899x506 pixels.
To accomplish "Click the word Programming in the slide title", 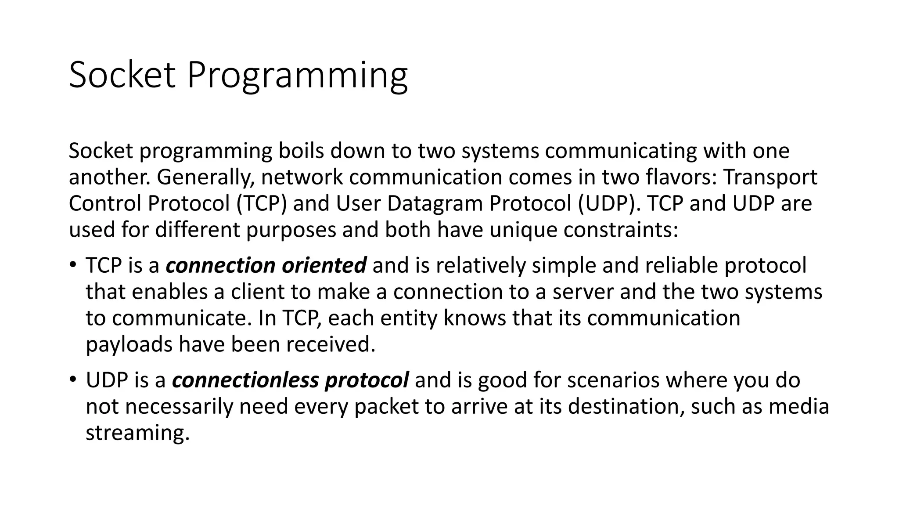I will (297, 76).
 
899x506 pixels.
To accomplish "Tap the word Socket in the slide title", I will (122, 76).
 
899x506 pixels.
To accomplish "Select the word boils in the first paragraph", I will (301, 151).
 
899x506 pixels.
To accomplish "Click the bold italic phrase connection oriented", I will (266, 266).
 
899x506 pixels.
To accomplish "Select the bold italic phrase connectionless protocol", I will (291, 380).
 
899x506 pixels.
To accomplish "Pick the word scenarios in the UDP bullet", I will (613, 380).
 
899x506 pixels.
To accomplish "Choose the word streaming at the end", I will (137, 433).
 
